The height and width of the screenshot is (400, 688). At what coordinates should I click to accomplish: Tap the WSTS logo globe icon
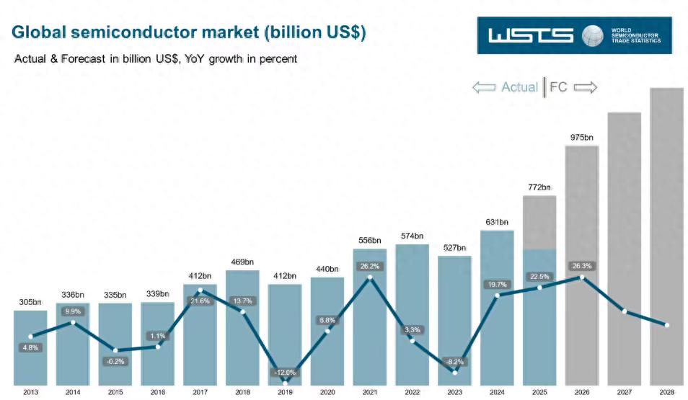(593, 35)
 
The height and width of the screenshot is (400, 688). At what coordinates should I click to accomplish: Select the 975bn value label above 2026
(581, 137)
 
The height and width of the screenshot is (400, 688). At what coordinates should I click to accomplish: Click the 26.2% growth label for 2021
(369, 266)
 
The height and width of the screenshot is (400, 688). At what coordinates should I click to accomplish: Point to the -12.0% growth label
(285, 373)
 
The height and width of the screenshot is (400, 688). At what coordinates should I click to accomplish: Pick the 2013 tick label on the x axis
(30, 391)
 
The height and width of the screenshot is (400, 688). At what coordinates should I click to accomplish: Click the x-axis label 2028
(666, 391)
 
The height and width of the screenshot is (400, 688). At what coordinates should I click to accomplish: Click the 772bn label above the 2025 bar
(539, 187)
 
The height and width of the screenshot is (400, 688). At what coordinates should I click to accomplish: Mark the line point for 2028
(666, 325)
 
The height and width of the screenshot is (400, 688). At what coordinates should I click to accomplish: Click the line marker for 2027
(625, 311)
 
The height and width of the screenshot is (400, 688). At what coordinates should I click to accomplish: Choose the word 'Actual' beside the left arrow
(519, 87)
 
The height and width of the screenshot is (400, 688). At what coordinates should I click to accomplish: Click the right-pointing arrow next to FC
(586, 87)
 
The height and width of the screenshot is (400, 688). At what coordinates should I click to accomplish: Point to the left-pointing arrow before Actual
(483, 87)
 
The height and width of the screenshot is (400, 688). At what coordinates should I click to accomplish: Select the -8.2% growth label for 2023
(454, 362)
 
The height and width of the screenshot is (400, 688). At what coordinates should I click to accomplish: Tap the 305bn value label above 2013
(30, 302)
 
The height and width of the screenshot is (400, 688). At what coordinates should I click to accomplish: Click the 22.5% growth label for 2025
(539, 276)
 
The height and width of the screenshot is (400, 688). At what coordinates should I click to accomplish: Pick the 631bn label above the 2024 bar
(497, 222)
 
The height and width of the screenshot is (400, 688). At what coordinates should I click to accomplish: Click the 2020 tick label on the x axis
(327, 391)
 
